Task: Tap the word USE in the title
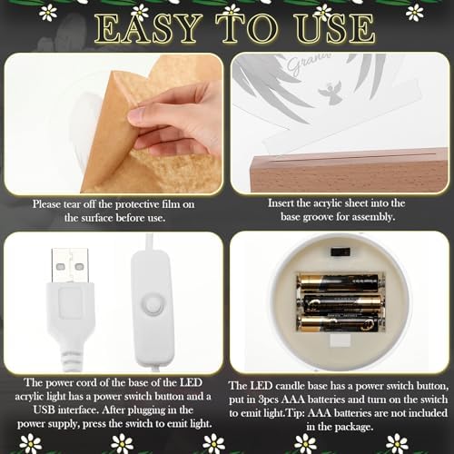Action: pyautogui.click(x=335, y=28)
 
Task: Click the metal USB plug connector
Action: pyautogui.click(x=70, y=265)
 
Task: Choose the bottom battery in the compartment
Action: pyautogui.click(x=340, y=323)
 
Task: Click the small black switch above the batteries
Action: pyautogui.click(x=340, y=252)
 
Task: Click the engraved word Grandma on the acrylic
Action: pyautogui.click(x=308, y=64)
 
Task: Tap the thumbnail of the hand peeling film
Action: pyautogui.click(x=114, y=123)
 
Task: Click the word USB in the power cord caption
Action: pyautogui.click(x=44, y=410)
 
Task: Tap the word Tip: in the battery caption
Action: pyautogui.click(x=295, y=413)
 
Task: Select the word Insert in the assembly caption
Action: pyautogui.click(x=281, y=203)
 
